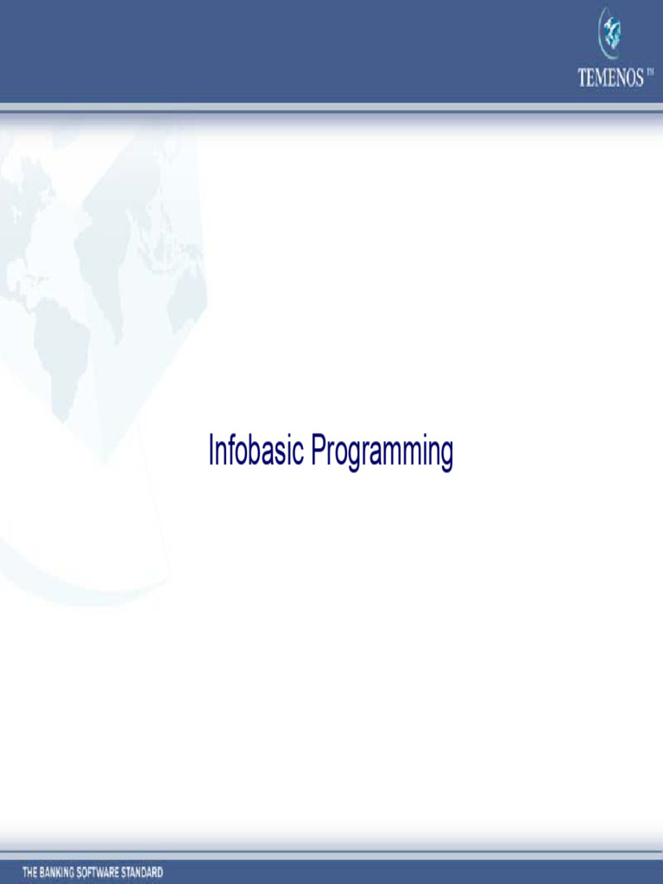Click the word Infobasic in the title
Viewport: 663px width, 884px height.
(256, 451)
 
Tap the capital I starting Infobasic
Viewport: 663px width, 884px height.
(211, 451)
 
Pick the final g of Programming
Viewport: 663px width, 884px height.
(446, 455)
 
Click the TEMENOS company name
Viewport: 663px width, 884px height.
(610, 79)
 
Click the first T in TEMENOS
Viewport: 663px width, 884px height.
(582, 79)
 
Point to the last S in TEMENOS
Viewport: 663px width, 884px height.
(639, 79)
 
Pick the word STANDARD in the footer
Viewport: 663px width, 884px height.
(145, 872)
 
